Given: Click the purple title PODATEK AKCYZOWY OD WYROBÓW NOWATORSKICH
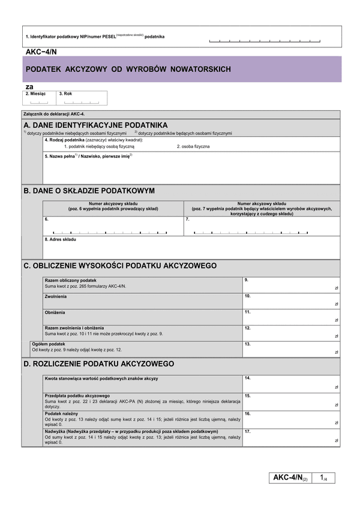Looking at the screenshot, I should pyautogui.click(x=128, y=70).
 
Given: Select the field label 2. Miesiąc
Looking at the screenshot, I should pyautogui.click(x=36, y=94).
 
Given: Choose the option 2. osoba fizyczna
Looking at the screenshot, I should pyautogui.click(x=193, y=146).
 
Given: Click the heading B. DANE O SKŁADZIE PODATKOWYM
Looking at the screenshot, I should pyautogui.click(x=89, y=191).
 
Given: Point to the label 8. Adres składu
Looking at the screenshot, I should pyautogui.click(x=61, y=239).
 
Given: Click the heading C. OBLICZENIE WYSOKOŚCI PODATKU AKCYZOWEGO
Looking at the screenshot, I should pyautogui.click(x=120, y=265).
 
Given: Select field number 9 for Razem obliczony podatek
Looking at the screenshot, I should pyautogui.click(x=291, y=284).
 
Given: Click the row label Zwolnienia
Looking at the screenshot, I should pyautogui.click(x=56, y=296).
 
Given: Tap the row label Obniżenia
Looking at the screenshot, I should pyautogui.click(x=55, y=312).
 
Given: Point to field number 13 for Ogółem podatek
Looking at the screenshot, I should pyautogui.click(x=291, y=348).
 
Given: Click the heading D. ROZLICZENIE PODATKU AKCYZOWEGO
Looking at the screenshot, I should pyautogui.click(x=99, y=363).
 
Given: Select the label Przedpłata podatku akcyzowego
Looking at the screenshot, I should pyautogui.click(x=77, y=396).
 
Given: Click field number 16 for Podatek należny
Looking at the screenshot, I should pyautogui.click(x=291, y=418).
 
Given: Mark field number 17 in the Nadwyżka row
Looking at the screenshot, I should pyautogui.click(x=291, y=436).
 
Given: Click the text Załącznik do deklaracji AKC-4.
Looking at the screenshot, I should pyautogui.click(x=54, y=113).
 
